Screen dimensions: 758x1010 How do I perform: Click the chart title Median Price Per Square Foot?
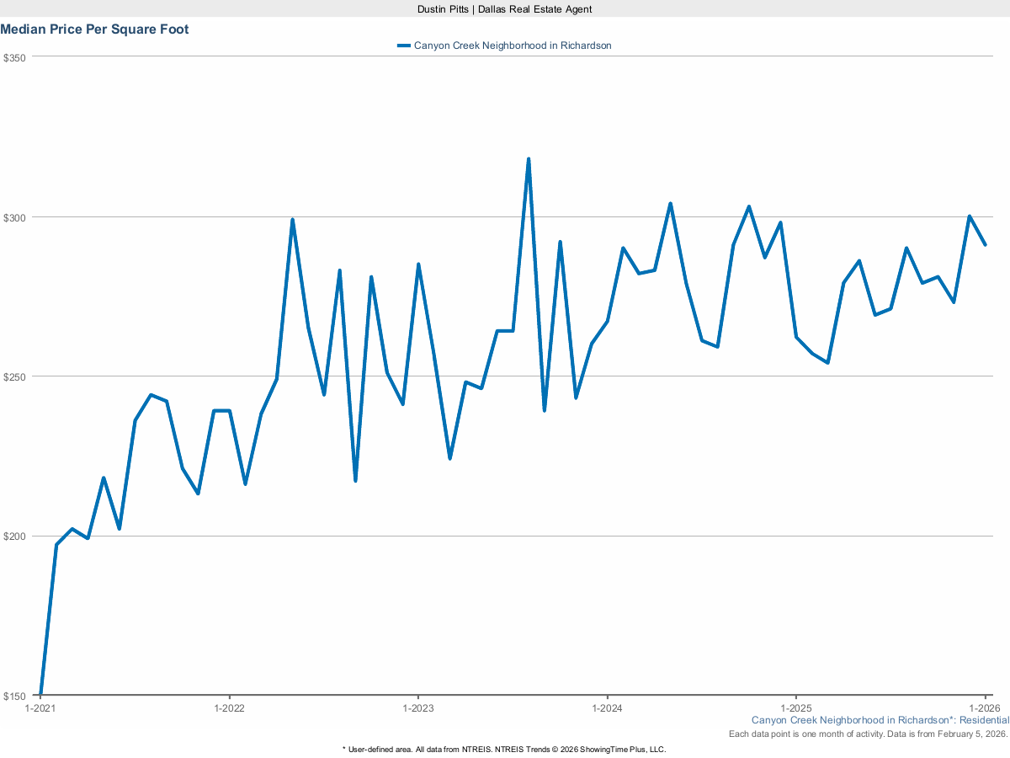coord(94,29)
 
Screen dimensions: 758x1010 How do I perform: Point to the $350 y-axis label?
coord(15,57)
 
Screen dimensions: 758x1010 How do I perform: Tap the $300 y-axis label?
coord(15,217)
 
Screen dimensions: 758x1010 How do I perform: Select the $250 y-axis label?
coord(15,376)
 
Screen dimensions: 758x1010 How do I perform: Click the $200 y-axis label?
coord(15,536)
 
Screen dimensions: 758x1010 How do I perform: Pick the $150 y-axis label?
coord(15,696)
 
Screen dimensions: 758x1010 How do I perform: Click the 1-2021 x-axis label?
coord(40,708)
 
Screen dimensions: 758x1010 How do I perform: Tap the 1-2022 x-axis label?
coord(229,708)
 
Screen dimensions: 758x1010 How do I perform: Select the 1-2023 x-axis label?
coord(418,708)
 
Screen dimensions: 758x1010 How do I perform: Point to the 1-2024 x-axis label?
coord(608,708)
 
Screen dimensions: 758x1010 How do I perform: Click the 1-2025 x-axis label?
coord(796,708)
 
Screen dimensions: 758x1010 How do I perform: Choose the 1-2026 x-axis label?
coord(985,708)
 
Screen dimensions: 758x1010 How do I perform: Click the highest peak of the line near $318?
coord(529,158)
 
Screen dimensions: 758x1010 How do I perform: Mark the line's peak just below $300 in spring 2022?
coord(292,220)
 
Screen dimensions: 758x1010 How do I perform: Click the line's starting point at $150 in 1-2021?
coord(40,695)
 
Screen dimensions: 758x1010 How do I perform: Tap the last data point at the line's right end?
coord(986,245)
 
